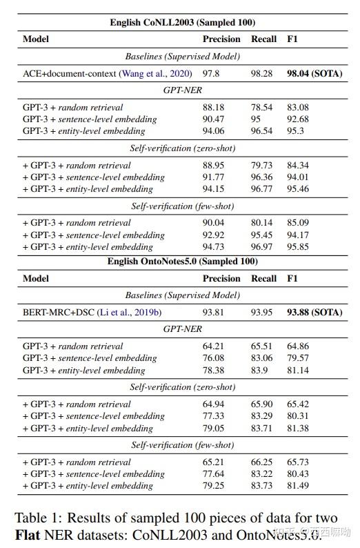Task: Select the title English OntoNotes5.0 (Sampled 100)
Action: [183, 262]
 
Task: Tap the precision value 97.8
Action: [212, 73]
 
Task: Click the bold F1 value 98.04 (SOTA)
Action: [314, 73]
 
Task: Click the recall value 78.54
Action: [262, 107]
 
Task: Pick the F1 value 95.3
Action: [296, 130]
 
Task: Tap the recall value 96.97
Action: [262, 246]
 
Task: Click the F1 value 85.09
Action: [298, 223]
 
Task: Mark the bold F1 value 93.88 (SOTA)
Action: [314, 312]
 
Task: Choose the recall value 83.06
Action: [262, 358]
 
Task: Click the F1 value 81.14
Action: [298, 369]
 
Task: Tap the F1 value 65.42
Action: [298, 404]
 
